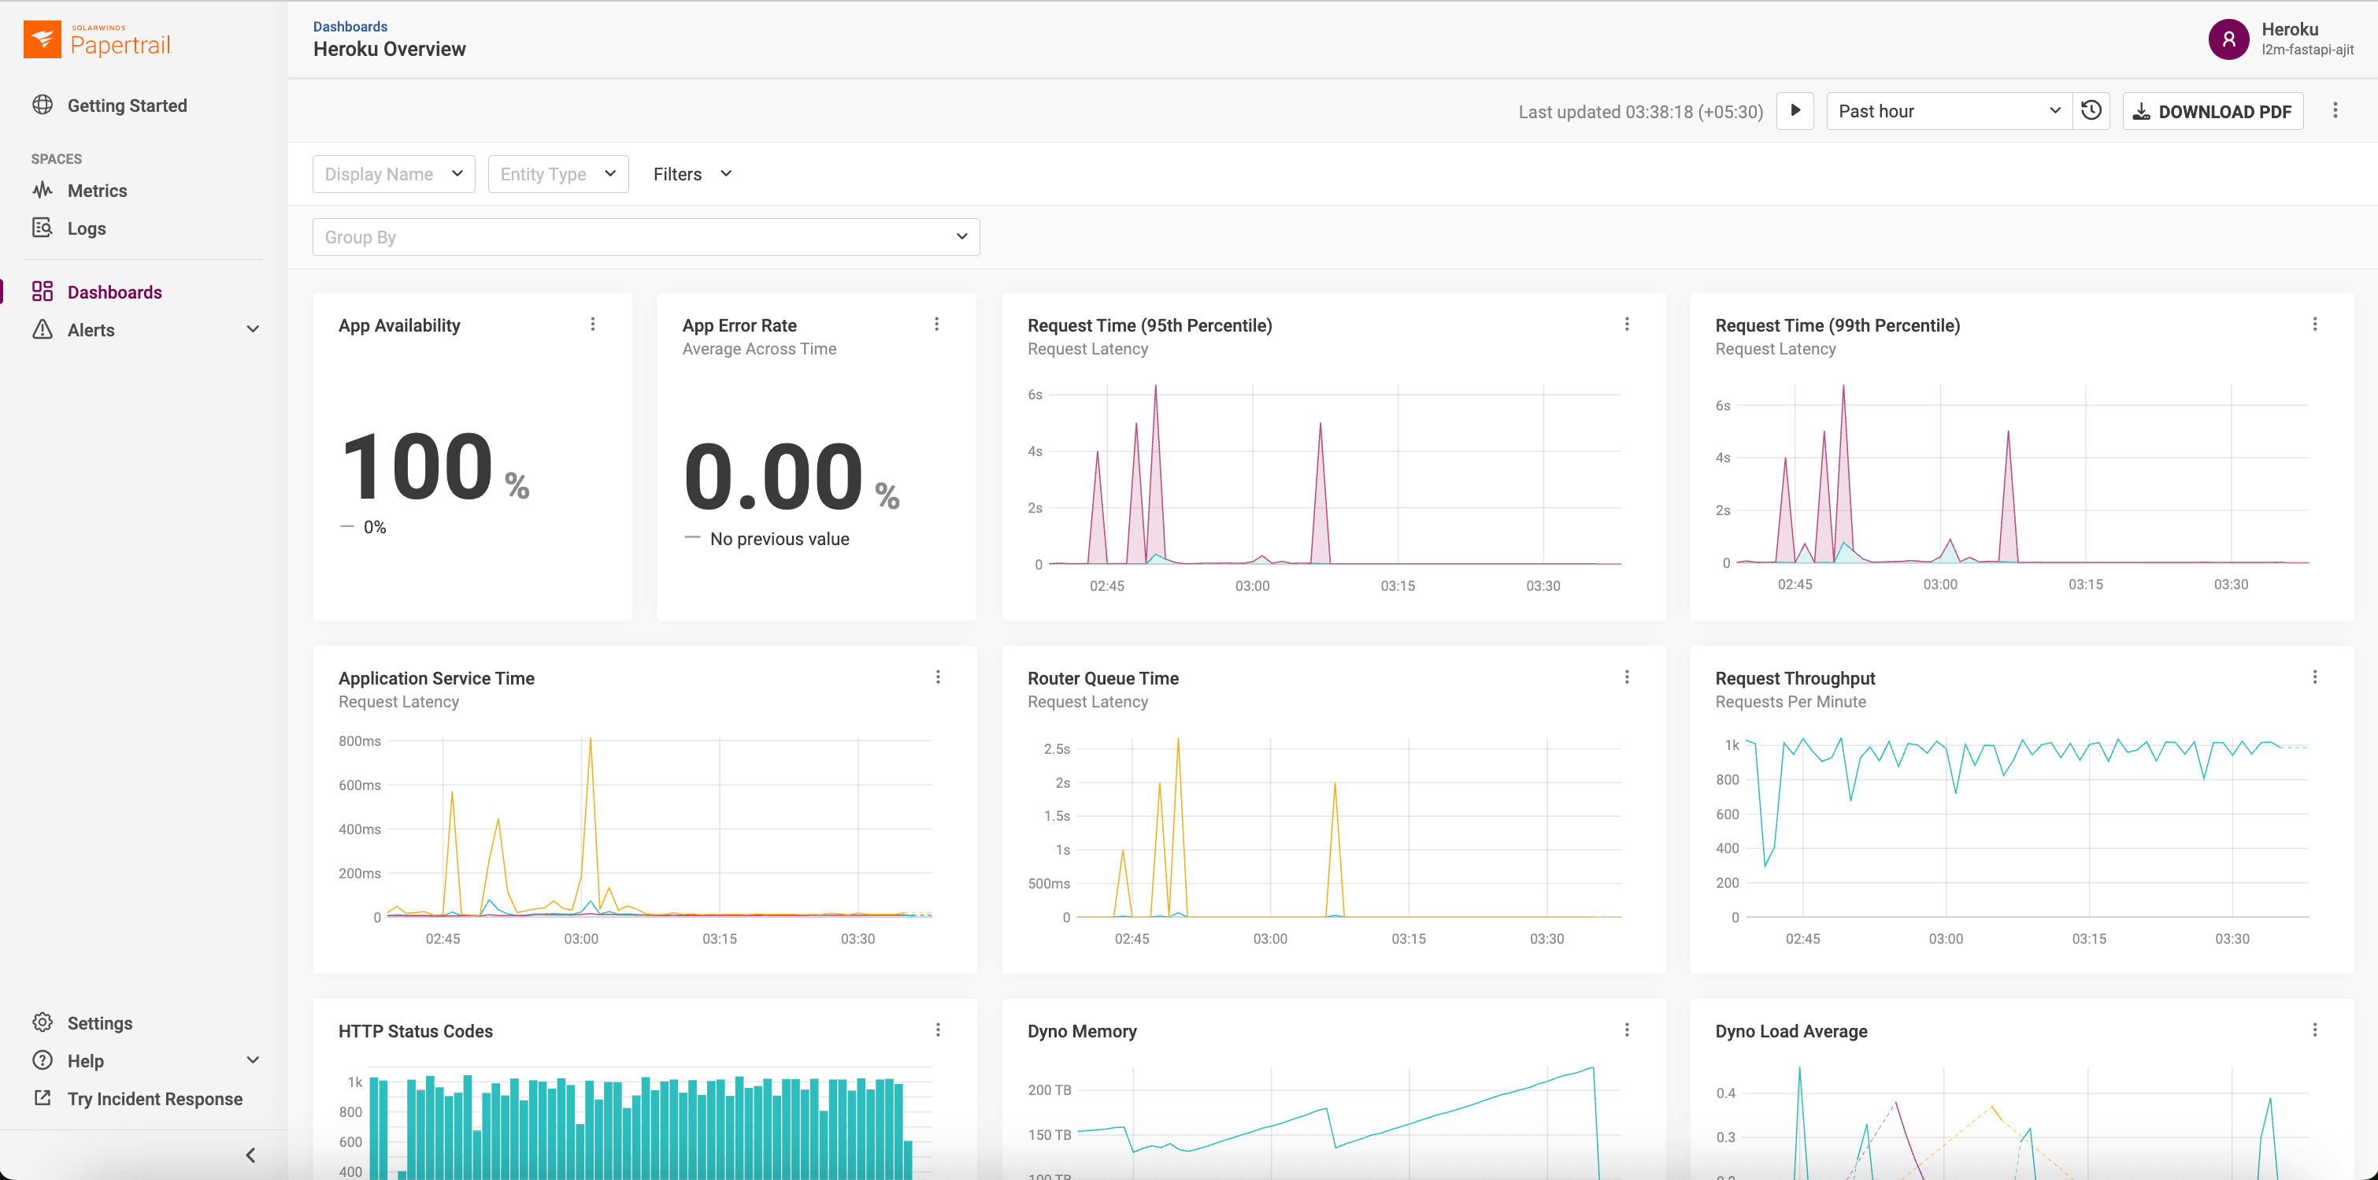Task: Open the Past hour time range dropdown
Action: (x=1948, y=111)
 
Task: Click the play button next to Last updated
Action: (x=1795, y=111)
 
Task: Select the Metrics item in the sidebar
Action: (x=96, y=190)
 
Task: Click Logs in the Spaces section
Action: (x=86, y=228)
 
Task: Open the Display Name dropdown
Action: (x=393, y=173)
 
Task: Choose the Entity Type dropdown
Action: (x=557, y=173)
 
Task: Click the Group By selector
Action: (x=645, y=236)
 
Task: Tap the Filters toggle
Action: (x=691, y=173)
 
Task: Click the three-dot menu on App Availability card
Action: (x=593, y=324)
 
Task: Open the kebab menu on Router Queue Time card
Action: (x=1627, y=677)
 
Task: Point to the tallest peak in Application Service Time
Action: (x=590, y=740)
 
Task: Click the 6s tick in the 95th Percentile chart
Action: (x=1035, y=395)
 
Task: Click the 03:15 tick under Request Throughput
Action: (x=2088, y=938)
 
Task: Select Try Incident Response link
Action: (x=154, y=1098)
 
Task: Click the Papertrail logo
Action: (x=97, y=39)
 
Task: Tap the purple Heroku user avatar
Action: (x=2228, y=39)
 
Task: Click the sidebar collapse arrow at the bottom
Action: (x=250, y=1154)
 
